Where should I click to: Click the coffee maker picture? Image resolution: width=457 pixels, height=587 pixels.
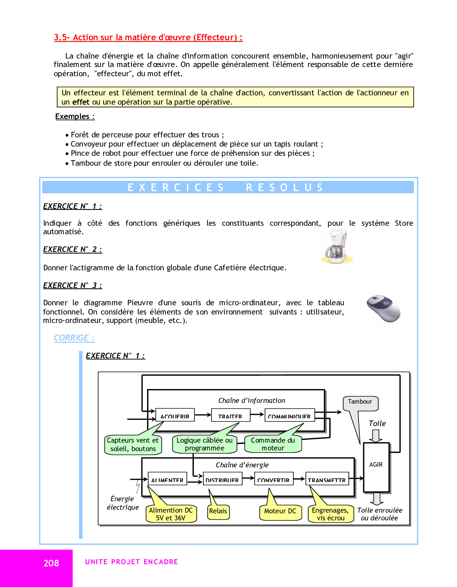click(337, 246)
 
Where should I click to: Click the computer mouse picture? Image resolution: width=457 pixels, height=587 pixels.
click(383, 309)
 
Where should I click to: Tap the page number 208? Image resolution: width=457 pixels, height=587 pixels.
click(51, 563)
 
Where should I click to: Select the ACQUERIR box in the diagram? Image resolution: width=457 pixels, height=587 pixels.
click(175, 415)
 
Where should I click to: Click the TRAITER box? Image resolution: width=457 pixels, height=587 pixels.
click(230, 415)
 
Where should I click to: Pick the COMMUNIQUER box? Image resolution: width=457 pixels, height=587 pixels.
click(290, 415)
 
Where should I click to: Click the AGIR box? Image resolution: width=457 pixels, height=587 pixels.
click(376, 467)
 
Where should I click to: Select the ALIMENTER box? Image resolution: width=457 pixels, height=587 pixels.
click(167, 479)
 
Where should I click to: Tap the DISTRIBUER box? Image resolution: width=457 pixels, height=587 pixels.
click(223, 479)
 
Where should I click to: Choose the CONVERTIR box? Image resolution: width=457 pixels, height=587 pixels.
click(274, 479)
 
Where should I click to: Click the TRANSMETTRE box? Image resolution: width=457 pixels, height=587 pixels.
click(327, 479)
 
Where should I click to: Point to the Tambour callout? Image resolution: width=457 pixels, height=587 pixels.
click(360, 403)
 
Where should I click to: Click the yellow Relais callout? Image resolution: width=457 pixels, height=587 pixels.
click(218, 511)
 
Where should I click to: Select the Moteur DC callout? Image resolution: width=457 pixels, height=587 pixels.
click(280, 511)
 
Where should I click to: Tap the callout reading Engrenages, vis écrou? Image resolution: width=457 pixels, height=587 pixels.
click(331, 514)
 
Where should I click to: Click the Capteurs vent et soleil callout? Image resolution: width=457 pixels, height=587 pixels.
click(133, 444)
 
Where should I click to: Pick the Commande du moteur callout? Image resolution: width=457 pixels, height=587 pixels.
click(273, 444)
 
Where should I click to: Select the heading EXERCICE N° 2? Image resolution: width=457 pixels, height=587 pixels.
click(72, 249)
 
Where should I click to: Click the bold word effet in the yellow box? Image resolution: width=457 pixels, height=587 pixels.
click(81, 102)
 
